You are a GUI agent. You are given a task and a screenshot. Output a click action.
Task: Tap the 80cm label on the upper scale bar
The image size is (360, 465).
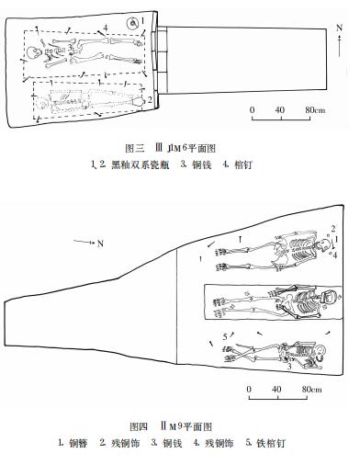click(316, 110)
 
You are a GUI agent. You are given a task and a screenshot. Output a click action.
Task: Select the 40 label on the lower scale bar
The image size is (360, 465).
click(276, 388)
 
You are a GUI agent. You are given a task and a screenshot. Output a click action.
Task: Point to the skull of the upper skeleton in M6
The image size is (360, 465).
click(38, 54)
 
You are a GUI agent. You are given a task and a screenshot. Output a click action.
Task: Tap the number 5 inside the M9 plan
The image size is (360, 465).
click(225, 338)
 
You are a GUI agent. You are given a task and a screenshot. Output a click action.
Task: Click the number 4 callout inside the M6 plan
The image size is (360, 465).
click(107, 28)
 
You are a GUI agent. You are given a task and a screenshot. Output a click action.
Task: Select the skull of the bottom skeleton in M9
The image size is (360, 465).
click(318, 355)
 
